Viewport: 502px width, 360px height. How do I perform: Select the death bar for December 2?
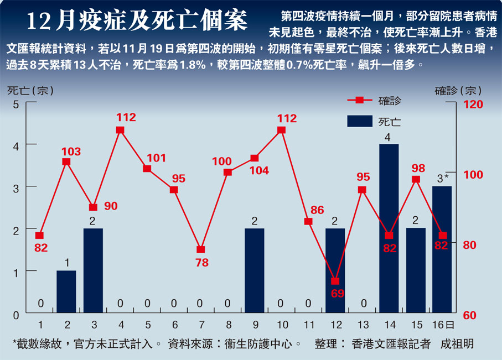tap(66, 293)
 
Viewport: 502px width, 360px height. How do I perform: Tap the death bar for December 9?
tap(255, 271)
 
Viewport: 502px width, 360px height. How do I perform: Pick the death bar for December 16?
tap(442, 250)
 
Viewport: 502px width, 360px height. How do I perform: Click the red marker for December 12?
tap(335, 281)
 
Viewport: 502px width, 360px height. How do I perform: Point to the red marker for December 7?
tap(201, 249)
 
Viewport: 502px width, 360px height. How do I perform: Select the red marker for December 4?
tap(120, 130)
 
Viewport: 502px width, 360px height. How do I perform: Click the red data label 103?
tap(71, 151)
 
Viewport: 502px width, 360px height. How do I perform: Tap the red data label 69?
tap(336, 293)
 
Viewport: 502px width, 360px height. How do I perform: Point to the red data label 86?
tap(317, 210)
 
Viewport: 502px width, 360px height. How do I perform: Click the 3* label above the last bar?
tap(442, 179)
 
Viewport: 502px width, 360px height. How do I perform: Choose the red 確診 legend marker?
tap(359, 100)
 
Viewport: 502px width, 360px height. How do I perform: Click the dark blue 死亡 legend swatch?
tap(359, 121)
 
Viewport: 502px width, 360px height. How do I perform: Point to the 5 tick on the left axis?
tap(16, 103)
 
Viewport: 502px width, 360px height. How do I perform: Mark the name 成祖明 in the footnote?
tap(457, 344)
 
